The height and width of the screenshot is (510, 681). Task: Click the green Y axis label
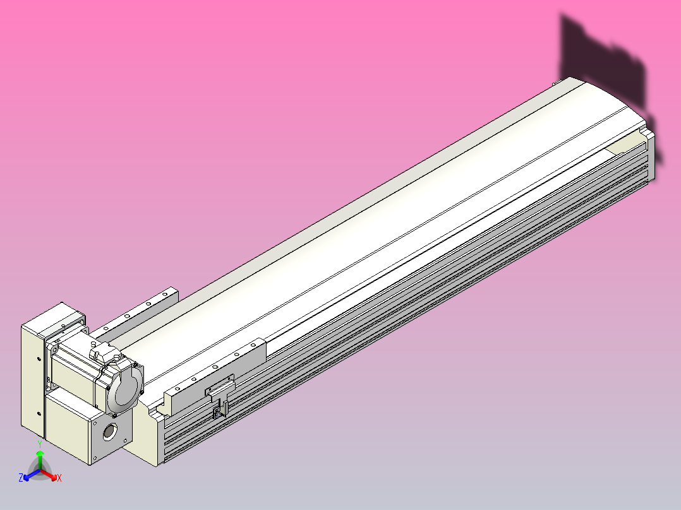[39, 444]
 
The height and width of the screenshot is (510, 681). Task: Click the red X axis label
[59, 478]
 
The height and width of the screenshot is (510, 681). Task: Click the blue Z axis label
[21, 478]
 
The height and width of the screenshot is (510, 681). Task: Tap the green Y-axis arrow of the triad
[40, 457]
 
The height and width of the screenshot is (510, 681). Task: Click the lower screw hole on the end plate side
[39, 413]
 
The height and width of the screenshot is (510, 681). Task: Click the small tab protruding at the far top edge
[556, 81]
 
